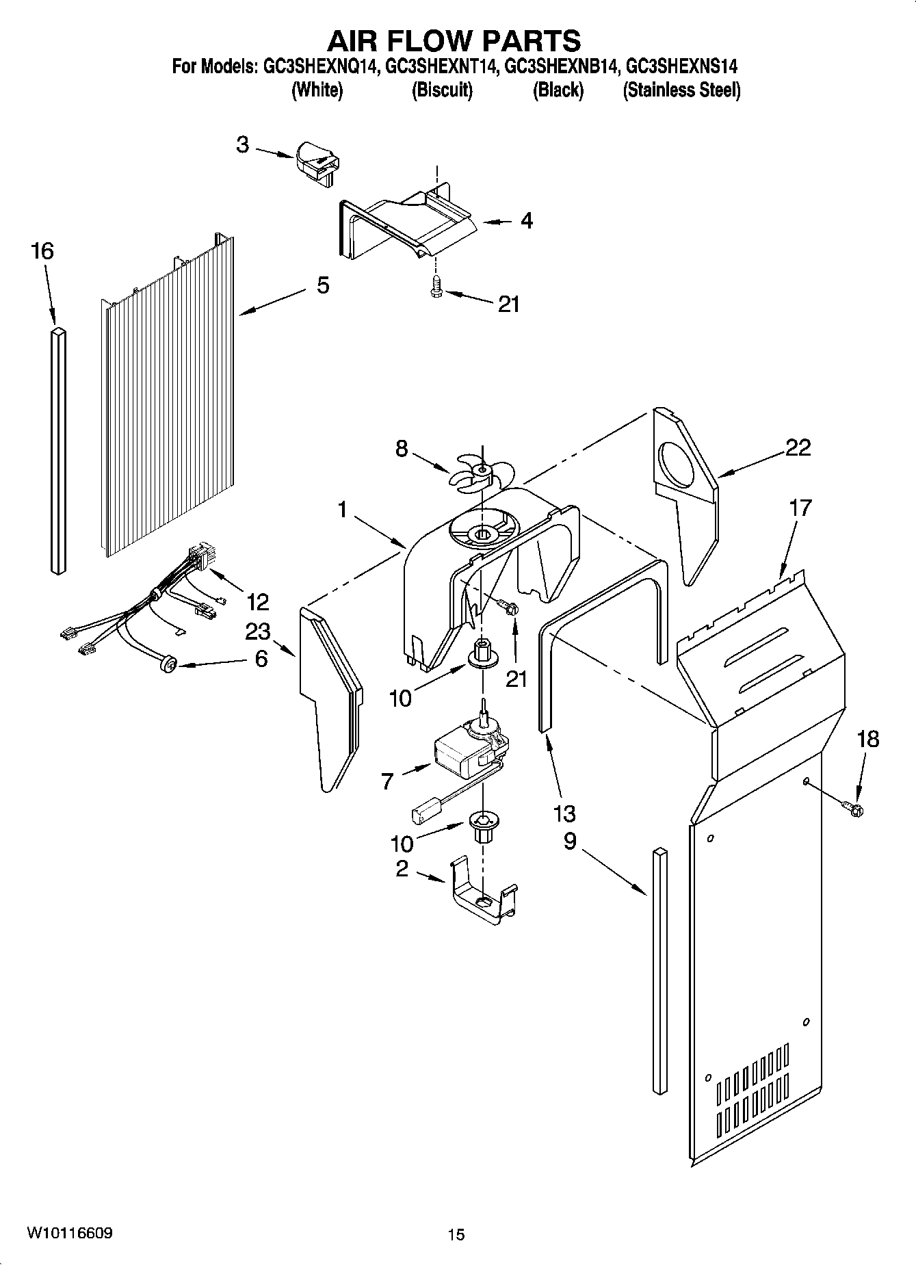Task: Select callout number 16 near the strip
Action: click(42, 251)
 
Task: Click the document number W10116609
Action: click(70, 1233)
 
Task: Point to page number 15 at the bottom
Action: click(456, 1234)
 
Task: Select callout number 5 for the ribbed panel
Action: click(323, 285)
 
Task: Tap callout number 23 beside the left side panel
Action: click(257, 631)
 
